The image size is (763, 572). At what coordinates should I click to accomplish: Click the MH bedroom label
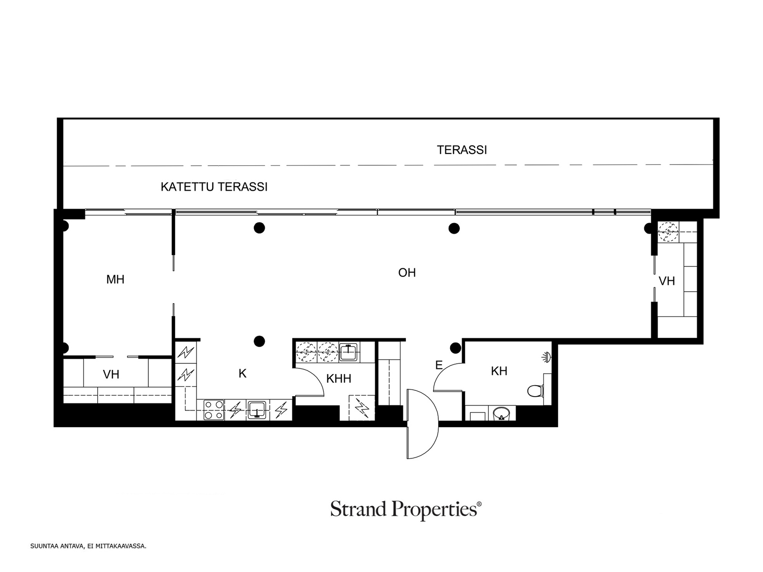coord(115,280)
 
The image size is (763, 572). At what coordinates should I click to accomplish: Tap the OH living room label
coord(407,273)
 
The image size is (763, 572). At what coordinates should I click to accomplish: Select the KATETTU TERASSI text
coord(214,187)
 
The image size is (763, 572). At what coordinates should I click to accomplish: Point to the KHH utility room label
coord(339,378)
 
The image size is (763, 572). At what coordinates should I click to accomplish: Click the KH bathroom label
coord(499,371)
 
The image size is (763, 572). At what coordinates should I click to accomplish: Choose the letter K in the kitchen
coord(242,373)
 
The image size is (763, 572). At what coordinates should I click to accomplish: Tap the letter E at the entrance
coord(439,365)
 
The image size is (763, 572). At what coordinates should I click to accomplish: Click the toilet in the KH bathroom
coord(536,391)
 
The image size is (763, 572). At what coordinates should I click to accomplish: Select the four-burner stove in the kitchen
coord(214,410)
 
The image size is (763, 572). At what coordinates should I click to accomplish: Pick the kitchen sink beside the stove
coord(257,410)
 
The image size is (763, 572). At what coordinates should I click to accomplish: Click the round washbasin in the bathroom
coord(501,413)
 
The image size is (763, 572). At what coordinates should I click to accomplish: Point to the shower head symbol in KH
coord(547,357)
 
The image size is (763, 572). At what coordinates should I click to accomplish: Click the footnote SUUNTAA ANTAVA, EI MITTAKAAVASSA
coord(88,546)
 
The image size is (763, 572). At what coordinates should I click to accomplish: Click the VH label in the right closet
coord(667,281)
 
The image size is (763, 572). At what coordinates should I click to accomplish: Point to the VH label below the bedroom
coord(111,374)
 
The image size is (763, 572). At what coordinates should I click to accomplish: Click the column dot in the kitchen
coord(259,341)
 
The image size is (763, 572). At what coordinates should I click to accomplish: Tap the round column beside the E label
coord(455,347)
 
